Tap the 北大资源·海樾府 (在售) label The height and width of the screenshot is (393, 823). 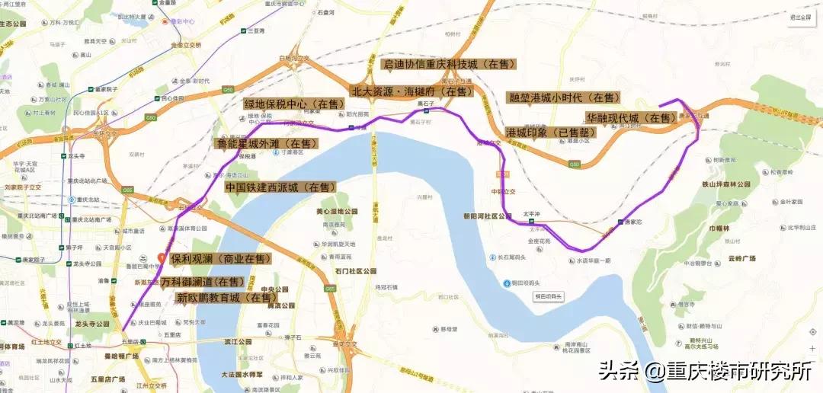tap(411, 91)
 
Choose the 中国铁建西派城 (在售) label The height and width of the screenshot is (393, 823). tap(280, 187)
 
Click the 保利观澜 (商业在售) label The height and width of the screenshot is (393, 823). tap(221, 259)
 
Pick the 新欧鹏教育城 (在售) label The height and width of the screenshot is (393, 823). tap(224, 298)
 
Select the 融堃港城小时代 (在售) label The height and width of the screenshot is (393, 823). tap(563, 98)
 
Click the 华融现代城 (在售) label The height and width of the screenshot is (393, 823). tap(631, 118)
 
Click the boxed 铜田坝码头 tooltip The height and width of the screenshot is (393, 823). tap(548, 296)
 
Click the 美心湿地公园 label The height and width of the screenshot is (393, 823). tap(336, 210)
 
